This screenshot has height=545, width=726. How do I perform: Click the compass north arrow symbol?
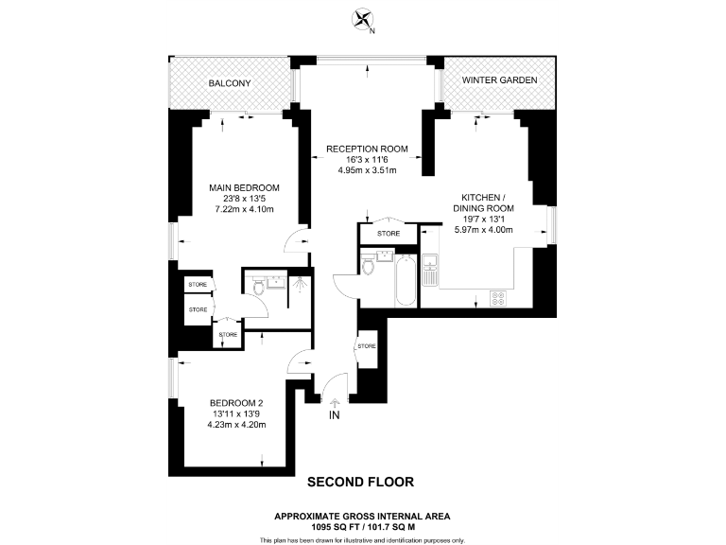pyautogui.click(x=361, y=19)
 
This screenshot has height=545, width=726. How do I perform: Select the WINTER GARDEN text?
pyautogui.click(x=499, y=81)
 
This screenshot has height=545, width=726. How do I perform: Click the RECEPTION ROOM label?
pyautogui.click(x=367, y=149)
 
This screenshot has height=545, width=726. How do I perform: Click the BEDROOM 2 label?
pyautogui.click(x=237, y=402)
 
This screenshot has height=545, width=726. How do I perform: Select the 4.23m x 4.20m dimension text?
pyautogui.click(x=237, y=425)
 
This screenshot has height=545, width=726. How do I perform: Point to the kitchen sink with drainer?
pyautogui.click(x=430, y=271)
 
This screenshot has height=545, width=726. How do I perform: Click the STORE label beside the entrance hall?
pyautogui.click(x=366, y=346)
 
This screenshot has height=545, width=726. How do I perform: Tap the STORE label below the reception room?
pyautogui.click(x=388, y=233)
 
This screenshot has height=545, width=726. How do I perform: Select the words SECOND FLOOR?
pyautogui.click(x=360, y=482)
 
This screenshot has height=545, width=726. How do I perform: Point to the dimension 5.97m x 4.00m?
pyautogui.click(x=483, y=229)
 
